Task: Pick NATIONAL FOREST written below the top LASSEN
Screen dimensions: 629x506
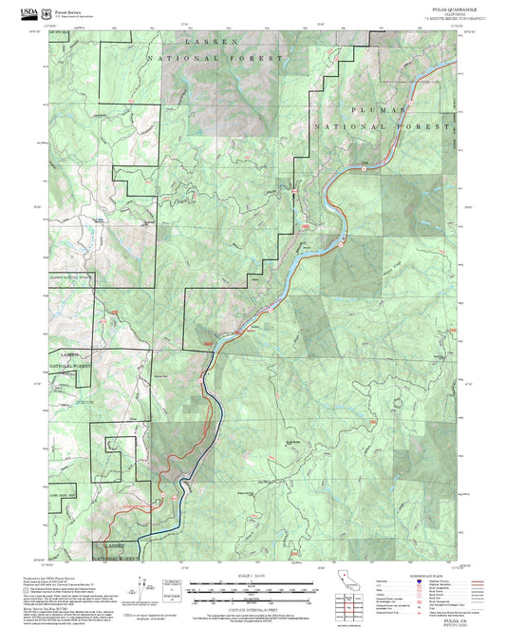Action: pos(216,59)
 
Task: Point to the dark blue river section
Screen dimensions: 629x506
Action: pos(209,418)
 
